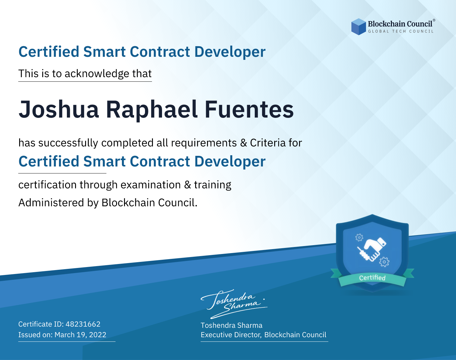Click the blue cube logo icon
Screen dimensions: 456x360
point(358,27)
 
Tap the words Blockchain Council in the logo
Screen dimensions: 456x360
point(400,24)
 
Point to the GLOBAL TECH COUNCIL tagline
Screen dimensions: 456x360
point(401,31)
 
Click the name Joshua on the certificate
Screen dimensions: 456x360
point(59,109)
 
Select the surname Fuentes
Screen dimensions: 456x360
point(249,109)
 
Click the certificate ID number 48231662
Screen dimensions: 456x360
point(83,324)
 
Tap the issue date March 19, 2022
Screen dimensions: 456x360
point(80,334)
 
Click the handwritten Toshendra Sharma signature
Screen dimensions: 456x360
point(234,304)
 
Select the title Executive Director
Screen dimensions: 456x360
point(231,335)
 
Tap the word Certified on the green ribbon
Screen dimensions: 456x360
point(372,278)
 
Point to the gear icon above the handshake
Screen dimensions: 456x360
point(359,238)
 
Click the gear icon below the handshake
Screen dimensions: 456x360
point(384,262)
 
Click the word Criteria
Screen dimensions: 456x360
point(268,143)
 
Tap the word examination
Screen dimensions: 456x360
point(151,185)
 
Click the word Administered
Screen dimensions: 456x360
point(51,202)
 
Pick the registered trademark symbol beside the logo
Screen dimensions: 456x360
point(434,20)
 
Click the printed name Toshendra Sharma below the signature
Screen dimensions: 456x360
point(231,325)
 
